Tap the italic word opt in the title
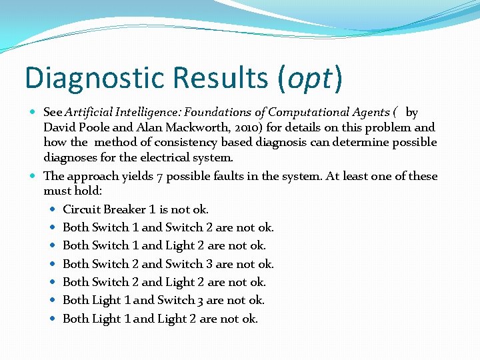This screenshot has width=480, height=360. (308, 78)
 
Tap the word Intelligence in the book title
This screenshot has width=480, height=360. (149, 112)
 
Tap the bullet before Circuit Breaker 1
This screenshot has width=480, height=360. (53, 209)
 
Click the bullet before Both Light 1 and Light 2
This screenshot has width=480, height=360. (53, 319)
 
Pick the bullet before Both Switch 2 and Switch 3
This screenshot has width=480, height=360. (53, 264)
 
